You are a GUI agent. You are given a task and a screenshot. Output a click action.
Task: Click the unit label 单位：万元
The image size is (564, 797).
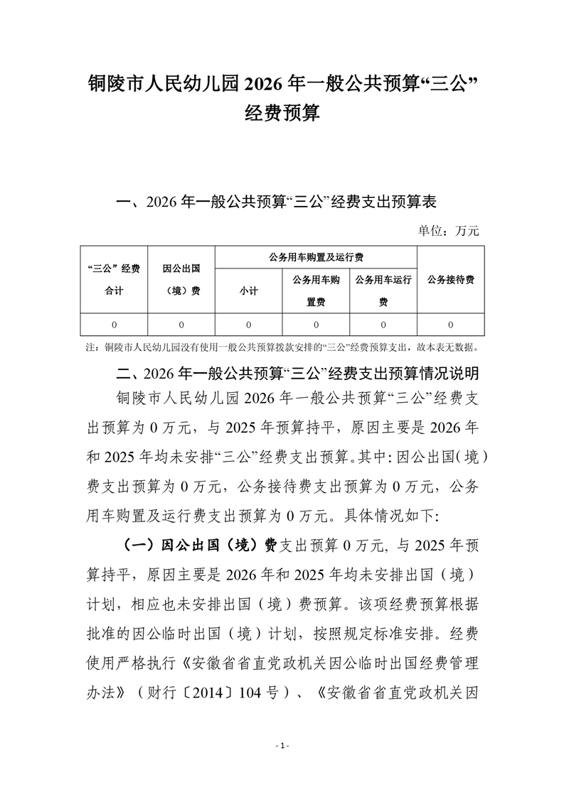pyautogui.click(x=449, y=230)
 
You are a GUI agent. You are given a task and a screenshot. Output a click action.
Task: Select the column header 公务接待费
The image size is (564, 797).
pyautogui.click(x=451, y=279)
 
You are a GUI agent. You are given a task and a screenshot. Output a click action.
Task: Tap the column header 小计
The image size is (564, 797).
pyautogui.click(x=248, y=291)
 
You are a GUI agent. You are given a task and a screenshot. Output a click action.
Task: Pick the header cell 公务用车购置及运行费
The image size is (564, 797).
pyautogui.click(x=315, y=256)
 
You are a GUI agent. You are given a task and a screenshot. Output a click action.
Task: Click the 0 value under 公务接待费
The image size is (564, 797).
pyautogui.click(x=451, y=325)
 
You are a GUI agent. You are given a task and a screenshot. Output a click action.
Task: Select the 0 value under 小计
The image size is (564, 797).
pyautogui.click(x=248, y=325)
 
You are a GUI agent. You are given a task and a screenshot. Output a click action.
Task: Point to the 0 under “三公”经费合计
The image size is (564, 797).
pyautogui.click(x=114, y=325)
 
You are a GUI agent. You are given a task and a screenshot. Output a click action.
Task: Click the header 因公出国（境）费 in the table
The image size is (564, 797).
pyautogui.click(x=181, y=279)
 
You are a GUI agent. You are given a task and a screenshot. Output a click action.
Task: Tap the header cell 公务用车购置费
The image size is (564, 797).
pyautogui.click(x=316, y=291)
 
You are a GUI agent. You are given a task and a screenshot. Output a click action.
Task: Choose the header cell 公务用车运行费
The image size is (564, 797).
pyautogui.click(x=383, y=291)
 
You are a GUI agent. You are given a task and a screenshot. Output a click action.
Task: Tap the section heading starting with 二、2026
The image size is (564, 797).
pyautogui.click(x=292, y=373)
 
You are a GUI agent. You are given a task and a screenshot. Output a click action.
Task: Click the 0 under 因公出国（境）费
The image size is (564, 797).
pyautogui.click(x=181, y=325)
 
